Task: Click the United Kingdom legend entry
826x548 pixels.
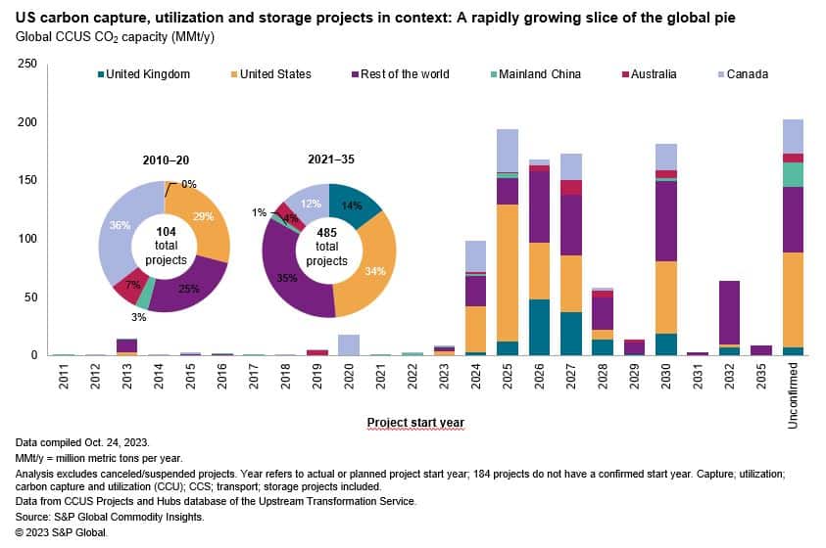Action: point(148,73)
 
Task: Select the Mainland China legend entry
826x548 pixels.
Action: point(539,73)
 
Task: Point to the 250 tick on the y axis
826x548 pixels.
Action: point(28,65)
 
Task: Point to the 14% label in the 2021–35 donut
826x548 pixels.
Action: point(352,206)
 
